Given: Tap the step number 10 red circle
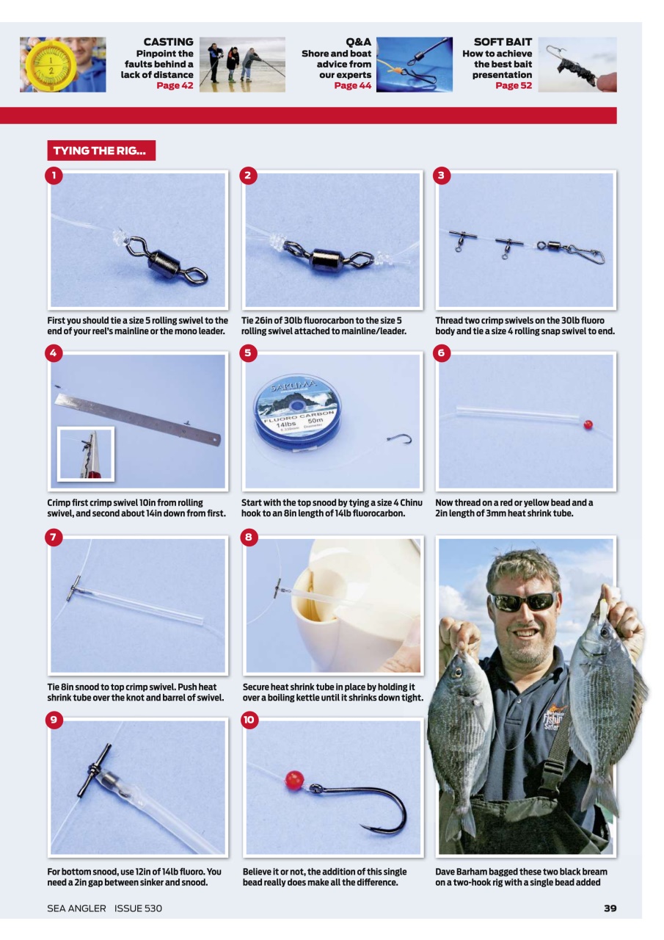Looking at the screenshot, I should [x=248, y=720].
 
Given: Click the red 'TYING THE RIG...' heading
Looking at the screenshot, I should [x=101, y=151].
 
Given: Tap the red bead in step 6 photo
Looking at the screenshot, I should [x=588, y=424].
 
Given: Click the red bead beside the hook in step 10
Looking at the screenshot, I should [x=294, y=780].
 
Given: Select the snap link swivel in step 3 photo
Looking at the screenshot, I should [x=587, y=253].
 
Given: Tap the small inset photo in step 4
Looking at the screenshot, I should [x=87, y=454].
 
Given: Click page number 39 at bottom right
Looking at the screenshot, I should [x=610, y=908].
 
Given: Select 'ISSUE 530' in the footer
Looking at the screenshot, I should [x=138, y=908].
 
